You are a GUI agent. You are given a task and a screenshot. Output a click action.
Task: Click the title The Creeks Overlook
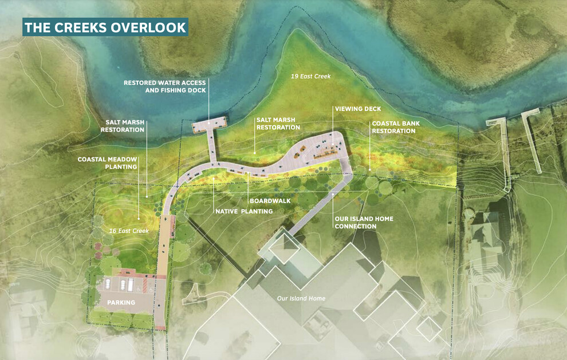click(105, 27)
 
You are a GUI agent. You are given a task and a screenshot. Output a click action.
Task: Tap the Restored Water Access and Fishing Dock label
click(166, 86)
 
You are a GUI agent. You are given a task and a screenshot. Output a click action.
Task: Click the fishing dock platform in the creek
click(210, 124)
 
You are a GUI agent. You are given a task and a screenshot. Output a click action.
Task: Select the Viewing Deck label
click(358, 109)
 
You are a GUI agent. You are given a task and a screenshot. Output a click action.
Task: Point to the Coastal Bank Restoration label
click(393, 127)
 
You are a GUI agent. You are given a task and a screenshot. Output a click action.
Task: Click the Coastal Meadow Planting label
click(108, 163)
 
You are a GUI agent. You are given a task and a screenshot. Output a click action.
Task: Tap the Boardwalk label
click(270, 201)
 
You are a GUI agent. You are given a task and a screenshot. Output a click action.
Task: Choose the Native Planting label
click(243, 211)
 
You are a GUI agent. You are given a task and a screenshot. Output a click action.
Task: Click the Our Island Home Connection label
click(356, 223)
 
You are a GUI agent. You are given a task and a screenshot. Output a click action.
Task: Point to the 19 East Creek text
click(310, 76)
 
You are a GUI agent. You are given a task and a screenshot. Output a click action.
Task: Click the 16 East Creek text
click(129, 231)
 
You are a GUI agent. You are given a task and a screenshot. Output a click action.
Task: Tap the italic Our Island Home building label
click(301, 298)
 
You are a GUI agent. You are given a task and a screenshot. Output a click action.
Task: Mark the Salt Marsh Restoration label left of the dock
click(123, 126)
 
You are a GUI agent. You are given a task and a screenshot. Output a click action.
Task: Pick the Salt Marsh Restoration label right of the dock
click(276, 124)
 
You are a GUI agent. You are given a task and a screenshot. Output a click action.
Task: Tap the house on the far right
click(487, 235)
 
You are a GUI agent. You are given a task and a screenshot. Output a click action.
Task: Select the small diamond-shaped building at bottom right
click(429, 329)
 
